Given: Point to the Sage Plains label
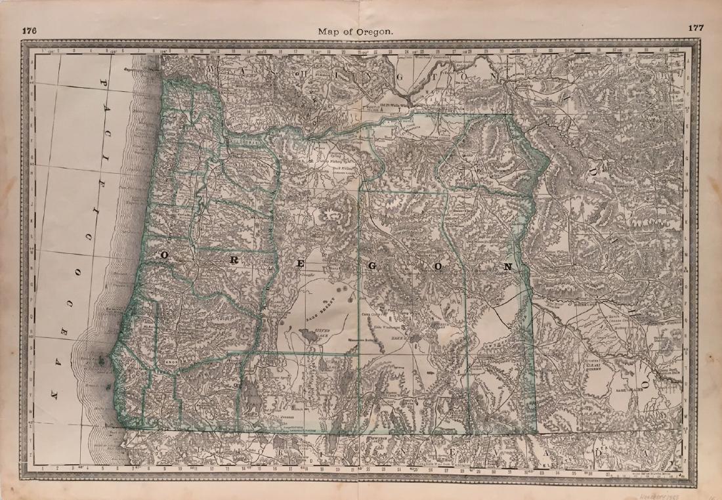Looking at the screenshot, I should pyautogui.click(x=611, y=389).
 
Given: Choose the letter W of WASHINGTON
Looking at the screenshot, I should pyautogui.click(x=211, y=69).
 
